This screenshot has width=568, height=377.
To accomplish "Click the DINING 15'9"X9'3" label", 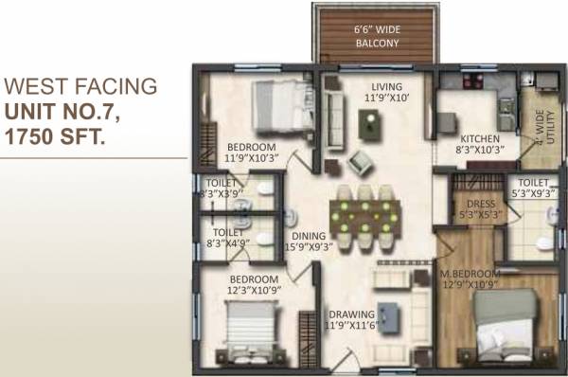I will [x=308, y=242].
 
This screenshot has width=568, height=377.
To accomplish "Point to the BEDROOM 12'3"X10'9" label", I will [x=252, y=285].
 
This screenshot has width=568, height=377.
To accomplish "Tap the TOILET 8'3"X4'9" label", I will [x=227, y=236].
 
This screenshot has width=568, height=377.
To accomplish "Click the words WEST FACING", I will [x=80, y=87].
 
